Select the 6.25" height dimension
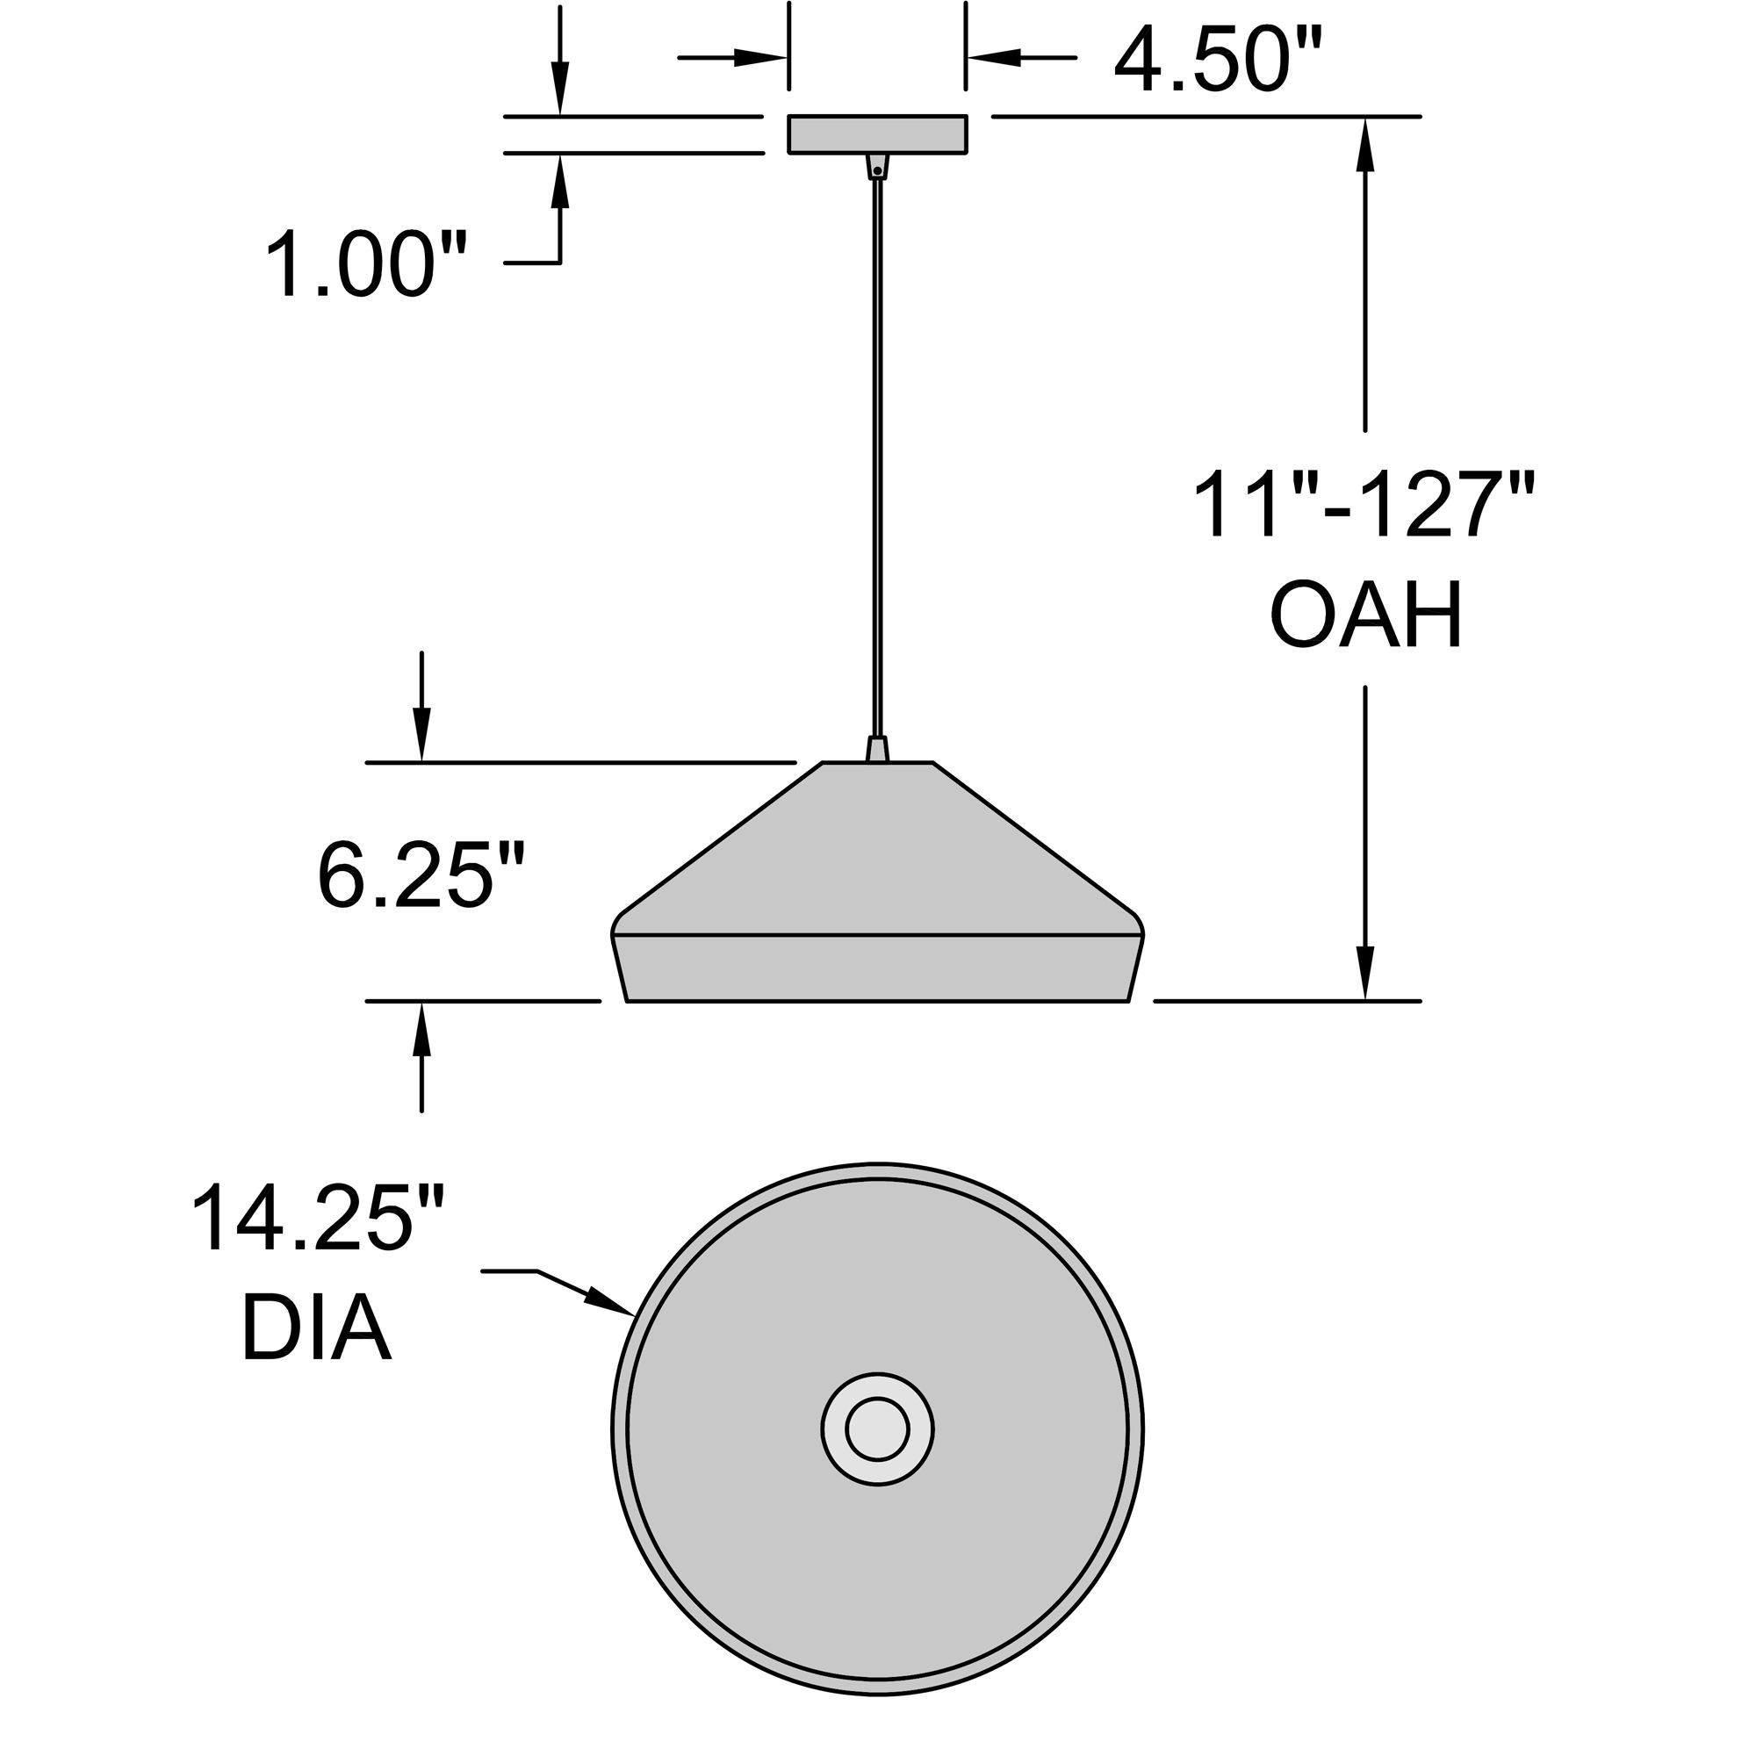coord(421,875)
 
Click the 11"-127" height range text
coord(1364,506)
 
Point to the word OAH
coord(1365,616)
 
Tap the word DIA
coord(316,1328)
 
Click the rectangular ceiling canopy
coord(877,134)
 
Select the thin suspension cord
coord(877,455)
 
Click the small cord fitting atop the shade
coord(877,750)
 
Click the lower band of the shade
coord(877,968)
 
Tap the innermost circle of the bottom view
coord(877,1429)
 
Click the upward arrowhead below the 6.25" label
coord(421,1029)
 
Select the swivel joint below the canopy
coord(877,167)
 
